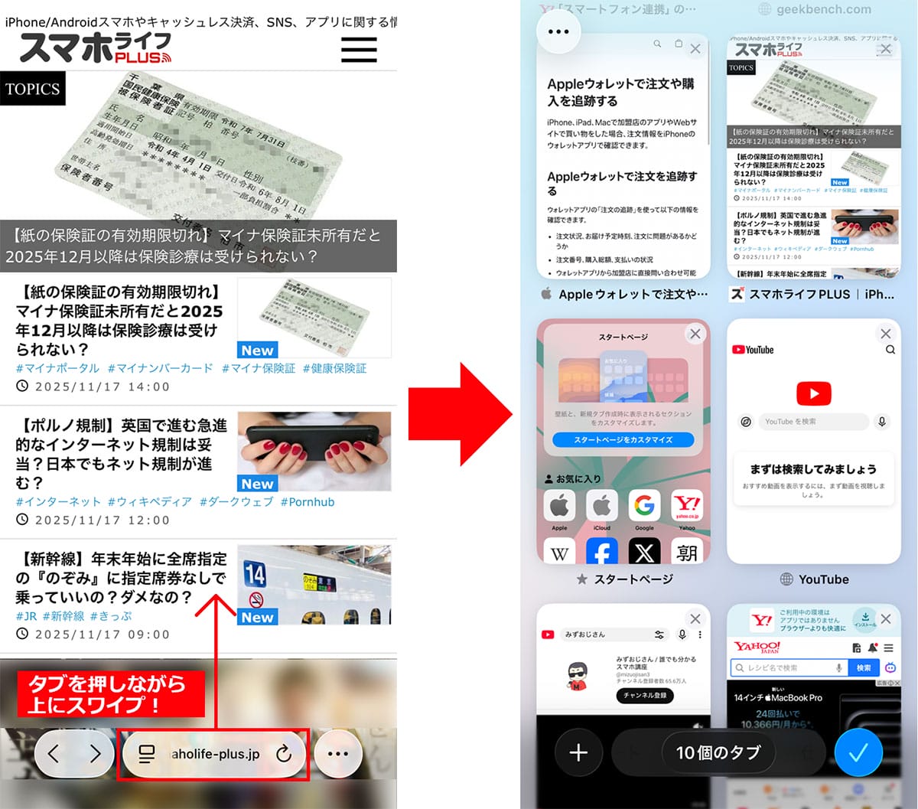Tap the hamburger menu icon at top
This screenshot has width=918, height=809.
click(359, 50)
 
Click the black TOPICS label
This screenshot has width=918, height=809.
click(32, 89)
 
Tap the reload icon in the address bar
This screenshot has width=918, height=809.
click(284, 754)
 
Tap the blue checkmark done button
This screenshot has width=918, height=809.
click(858, 753)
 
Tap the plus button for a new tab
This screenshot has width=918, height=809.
click(578, 753)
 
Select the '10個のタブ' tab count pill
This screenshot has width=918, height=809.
click(718, 753)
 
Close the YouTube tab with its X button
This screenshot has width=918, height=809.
click(885, 334)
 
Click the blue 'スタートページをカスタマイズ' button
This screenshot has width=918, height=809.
click(623, 440)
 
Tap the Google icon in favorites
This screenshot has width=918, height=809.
click(644, 506)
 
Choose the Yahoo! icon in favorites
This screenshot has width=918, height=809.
click(687, 506)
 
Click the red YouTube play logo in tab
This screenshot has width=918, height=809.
click(813, 393)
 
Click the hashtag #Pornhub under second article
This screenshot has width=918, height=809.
click(307, 502)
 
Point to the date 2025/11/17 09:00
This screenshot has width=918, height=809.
click(103, 634)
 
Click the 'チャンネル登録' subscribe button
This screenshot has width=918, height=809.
click(645, 696)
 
